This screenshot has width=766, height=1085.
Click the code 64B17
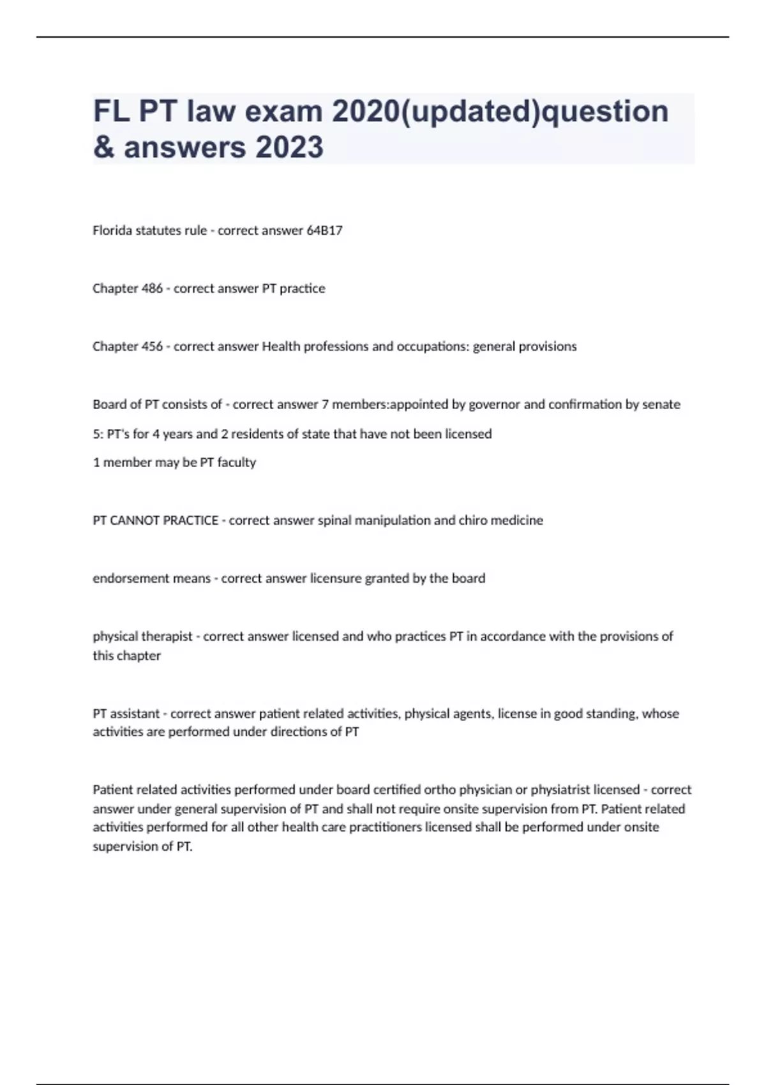pyautogui.click(x=324, y=230)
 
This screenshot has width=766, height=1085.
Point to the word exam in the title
pyautogui.click(x=283, y=111)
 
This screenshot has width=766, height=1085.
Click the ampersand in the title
pyautogui.click(x=103, y=147)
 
